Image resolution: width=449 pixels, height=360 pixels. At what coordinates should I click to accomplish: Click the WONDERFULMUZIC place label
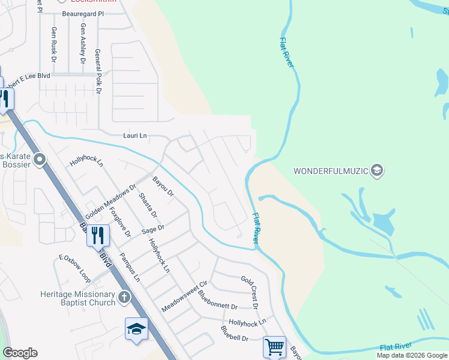[x=330, y=171]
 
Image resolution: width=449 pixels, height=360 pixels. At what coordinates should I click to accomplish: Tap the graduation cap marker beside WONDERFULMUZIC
[x=377, y=171]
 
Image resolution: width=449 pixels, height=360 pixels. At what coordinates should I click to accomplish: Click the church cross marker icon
[x=124, y=298]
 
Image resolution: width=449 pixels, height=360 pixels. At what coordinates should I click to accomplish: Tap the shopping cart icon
[x=274, y=347]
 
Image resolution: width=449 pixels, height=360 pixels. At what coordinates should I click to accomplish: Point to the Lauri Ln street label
[x=134, y=136]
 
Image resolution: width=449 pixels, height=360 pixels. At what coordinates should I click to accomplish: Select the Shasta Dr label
[x=148, y=206]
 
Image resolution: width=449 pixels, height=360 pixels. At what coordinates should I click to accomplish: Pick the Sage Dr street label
[x=153, y=229]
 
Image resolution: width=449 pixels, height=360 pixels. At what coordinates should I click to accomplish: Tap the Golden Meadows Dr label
[x=111, y=201]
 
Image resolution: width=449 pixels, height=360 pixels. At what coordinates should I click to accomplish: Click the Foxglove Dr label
[x=122, y=221]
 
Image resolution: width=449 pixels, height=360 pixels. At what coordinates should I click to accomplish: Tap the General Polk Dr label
[x=98, y=73]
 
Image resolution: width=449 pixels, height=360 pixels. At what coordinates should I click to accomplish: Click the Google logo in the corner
[x=20, y=353]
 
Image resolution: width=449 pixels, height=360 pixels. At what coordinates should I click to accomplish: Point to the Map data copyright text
[x=412, y=355]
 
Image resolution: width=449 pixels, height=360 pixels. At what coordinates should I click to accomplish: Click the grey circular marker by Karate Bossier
[x=40, y=160]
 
